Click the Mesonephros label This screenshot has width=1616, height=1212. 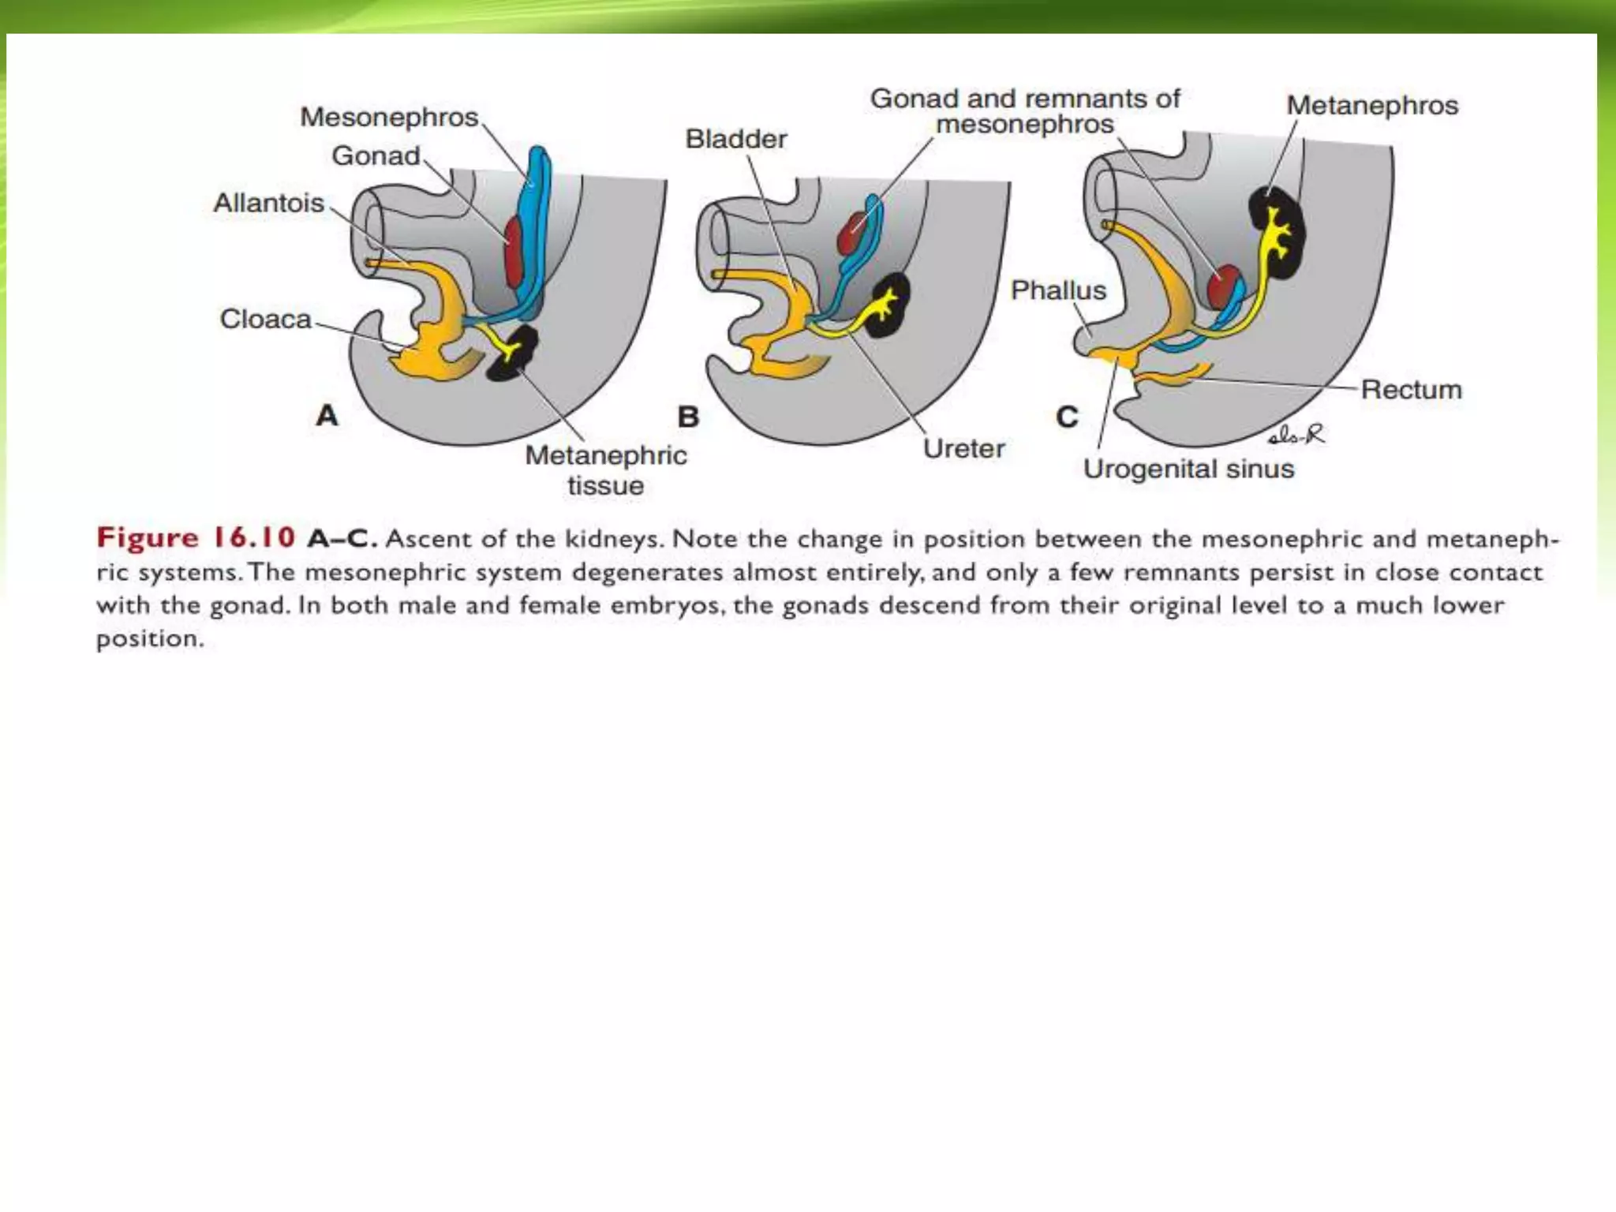pyautogui.click(x=389, y=118)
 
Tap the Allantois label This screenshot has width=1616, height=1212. pyautogui.click(x=268, y=204)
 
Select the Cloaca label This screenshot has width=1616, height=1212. pyautogui.click(x=265, y=320)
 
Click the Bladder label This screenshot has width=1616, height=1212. pyautogui.click(x=735, y=140)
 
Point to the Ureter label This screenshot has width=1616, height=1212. pyautogui.click(x=963, y=449)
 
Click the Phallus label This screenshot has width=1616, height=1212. pyautogui.click(x=1057, y=290)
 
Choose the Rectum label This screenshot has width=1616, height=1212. pyautogui.click(x=1411, y=390)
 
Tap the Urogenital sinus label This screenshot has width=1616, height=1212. pyautogui.click(x=1188, y=469)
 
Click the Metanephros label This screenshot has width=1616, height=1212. pyautogui.click(x=1371, y=106)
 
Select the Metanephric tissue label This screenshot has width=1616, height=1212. pyautogui.click(x=605, y=470)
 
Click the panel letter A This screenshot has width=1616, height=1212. pyautogui.click(x=327, y=415)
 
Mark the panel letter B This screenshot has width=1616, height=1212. pyautogui.click(x=688, y=417)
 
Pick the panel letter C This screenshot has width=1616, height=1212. pyautogui.click(x=1067, y=417)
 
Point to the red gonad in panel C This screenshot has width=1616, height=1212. pyautogui.click(x=1223, y=286)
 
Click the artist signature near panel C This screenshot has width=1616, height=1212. pyautogui.click(x=1296, y=434)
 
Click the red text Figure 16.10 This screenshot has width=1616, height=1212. pyautogui.click(x=196, y=538)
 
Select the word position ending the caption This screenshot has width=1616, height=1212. pyautogui.click(x=150, y=638)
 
